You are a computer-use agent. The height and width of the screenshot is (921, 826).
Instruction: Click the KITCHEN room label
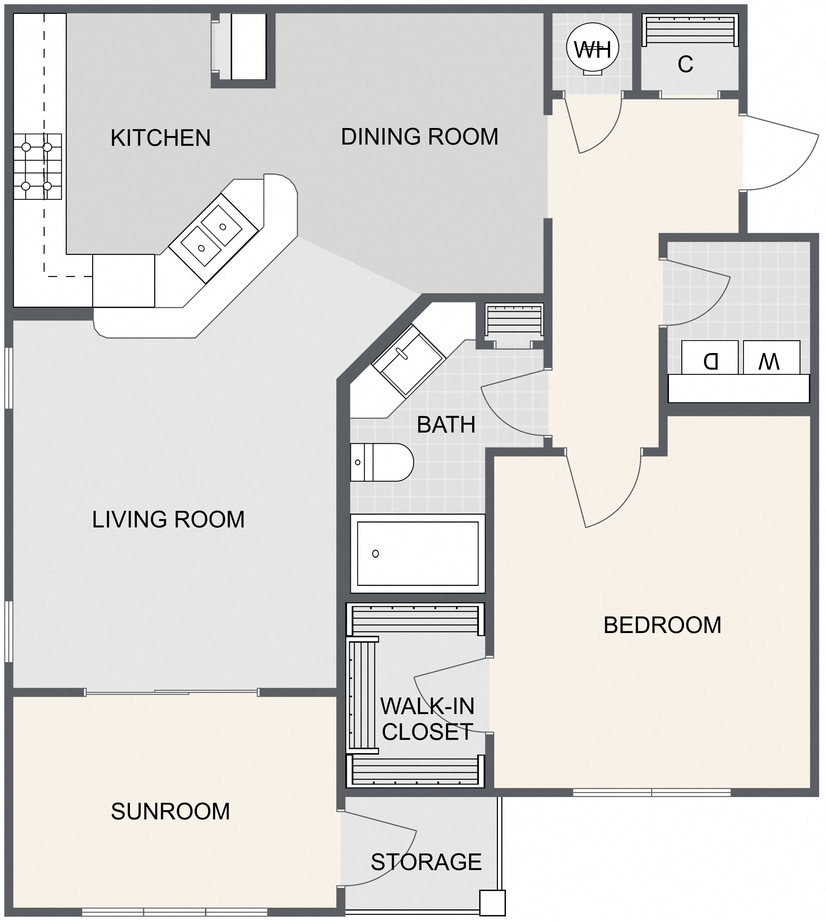[x=160, y=138]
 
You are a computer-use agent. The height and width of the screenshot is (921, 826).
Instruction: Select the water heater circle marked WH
[x=592, y=49]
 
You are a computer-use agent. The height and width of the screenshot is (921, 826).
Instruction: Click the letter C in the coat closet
[x=685, y=64]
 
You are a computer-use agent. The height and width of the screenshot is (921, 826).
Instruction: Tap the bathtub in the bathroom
[x=417, y=553]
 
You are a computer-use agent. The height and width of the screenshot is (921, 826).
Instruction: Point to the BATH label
[x=446, y=425]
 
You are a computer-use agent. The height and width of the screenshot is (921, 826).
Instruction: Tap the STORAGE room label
[x=426, y=861]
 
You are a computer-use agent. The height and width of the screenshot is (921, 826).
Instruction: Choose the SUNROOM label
[x=170, y=811]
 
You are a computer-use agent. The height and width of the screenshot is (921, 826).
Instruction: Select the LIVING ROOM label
[x=168, y=520]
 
